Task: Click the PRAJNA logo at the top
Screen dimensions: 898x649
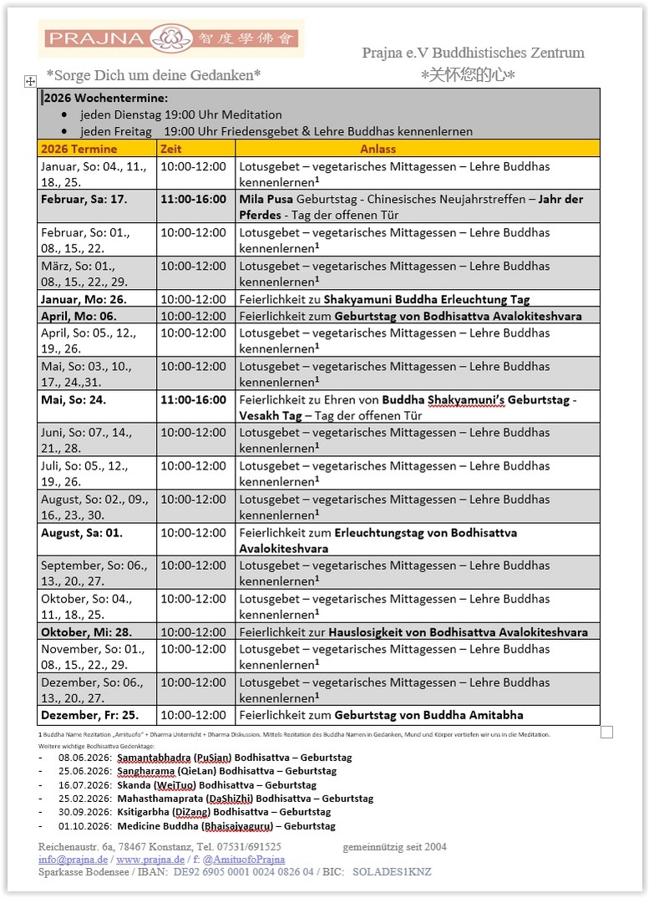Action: coord(170,38)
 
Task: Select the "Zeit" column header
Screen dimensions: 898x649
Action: coord(170,149)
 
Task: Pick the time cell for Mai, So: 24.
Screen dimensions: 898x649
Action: coord(193,399)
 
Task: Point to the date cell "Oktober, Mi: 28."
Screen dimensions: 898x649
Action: coord(86,632)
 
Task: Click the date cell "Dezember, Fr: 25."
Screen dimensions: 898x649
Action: coord(89,715)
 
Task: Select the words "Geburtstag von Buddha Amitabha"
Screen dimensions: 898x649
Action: coord(428,715)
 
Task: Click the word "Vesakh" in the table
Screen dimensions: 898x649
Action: coord(260,415)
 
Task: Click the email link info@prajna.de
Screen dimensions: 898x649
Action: coord(73,859)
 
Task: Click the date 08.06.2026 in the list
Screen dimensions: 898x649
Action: coord(85,758)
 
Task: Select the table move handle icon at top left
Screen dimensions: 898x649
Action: coord(30,81)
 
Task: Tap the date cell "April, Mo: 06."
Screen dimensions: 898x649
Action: coord(79,316)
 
